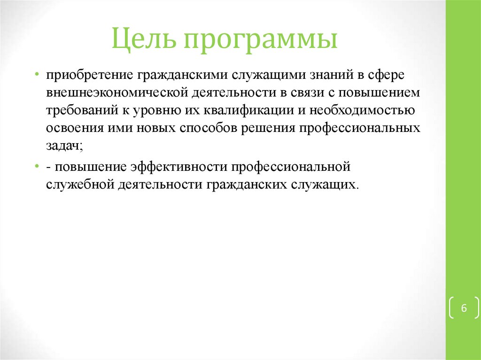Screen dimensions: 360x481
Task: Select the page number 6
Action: click(464, 308)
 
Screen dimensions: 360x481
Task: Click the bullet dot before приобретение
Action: click(37, 75)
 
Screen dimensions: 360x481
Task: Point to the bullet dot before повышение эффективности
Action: click(37, 167)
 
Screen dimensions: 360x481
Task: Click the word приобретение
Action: click(89, 75)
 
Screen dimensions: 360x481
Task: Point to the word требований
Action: click(79, 111)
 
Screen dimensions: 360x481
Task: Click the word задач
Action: click(63, 146)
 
